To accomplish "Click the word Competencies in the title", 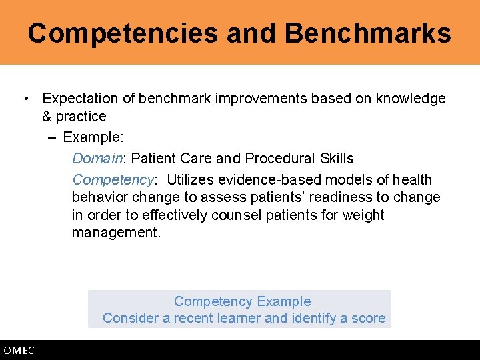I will [123, 33].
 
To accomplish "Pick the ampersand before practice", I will [47, 117].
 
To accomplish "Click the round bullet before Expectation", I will [25, 99].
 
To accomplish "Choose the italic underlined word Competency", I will [113, 180].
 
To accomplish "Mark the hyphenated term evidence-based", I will [267, 180].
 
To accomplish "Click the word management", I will [116, 233].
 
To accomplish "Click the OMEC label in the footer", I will [19, 351].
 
